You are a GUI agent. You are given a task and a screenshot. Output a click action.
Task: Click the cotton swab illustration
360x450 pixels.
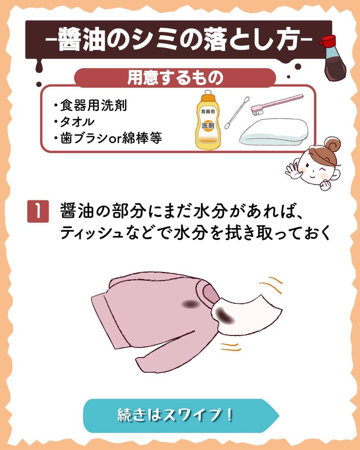(x=237, y=113)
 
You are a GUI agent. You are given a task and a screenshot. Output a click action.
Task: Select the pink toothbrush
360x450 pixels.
(x=276, y=104)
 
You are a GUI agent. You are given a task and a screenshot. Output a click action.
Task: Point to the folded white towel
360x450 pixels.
(x=274, y=132)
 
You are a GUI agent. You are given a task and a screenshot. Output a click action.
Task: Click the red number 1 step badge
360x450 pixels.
(x=38, y=211)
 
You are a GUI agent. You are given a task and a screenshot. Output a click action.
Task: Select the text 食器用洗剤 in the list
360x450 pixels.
(x=93, y=105)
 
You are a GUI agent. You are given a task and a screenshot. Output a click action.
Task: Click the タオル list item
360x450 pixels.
(x=77, y=122)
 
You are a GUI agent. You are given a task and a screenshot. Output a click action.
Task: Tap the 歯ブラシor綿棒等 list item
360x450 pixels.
(x=111, y=138)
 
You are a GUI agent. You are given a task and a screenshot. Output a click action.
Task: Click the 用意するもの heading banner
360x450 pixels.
(x=175, y=78)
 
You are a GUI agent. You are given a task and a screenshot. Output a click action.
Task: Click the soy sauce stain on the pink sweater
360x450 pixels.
(x=190, y=304)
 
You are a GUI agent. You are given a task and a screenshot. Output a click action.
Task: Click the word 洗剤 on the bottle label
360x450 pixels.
(x=208, y=126)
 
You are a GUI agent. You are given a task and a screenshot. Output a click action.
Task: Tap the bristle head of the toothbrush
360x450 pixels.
(x=257, y=111)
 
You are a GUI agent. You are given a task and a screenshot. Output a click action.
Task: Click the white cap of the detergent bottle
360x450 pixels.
(x=207, y=92)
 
